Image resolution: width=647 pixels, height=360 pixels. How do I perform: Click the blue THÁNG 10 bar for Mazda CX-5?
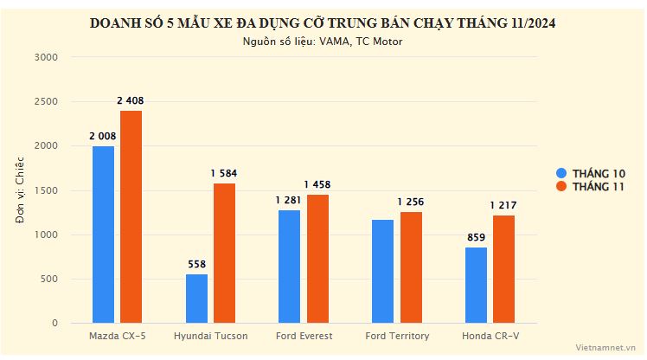103,235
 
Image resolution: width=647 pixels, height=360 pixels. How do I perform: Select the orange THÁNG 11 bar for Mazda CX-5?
131,216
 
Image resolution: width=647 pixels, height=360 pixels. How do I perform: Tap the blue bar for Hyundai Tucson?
196,299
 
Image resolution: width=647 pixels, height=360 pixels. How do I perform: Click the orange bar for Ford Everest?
317,259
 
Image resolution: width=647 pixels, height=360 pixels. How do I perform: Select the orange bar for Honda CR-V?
503,269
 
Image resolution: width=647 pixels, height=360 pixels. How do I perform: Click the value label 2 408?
131,101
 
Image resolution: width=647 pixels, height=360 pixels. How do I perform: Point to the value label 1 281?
289,201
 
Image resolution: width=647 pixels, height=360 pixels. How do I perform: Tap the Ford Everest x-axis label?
303,336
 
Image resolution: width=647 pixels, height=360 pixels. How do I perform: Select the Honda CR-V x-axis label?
490,336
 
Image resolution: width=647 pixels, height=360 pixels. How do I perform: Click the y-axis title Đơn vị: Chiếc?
20,190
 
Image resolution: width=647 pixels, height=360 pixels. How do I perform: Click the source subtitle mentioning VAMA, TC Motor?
323,41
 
